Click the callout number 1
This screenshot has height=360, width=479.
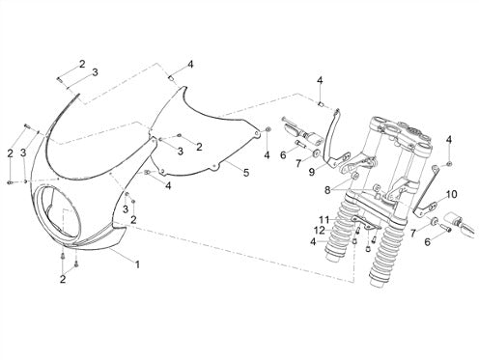pyautogui.click(x=137, y=264)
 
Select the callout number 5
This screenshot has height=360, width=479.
pyautogui.click(x=246, y=173)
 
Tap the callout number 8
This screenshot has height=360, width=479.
pyautogui.click(x=327, y=190)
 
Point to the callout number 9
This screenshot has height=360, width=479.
pyautogui.click(x=311, y=172)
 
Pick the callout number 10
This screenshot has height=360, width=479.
pyautogui.click(x=451, y=194)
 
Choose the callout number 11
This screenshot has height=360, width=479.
pyautogui.click(x=324, y=220)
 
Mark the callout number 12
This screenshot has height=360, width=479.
pyautogui.click(x=321, y=231)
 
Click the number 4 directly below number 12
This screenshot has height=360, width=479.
pyautogui.click(x=313, y=241)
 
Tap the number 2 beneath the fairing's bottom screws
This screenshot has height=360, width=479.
pyautogui.click(x=63, y=279)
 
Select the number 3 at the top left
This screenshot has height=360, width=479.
pyautogui.click(x=95, y=72)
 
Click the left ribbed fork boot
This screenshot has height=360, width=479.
pyautogui.click(x=339, y=235)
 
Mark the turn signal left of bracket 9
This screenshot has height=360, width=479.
pyautogui.click(x=301, y=132)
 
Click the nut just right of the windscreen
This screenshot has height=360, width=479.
pyautogui.click(x=268, y=129)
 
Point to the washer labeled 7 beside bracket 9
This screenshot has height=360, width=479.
pyautogui.click(x=315, y=152)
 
